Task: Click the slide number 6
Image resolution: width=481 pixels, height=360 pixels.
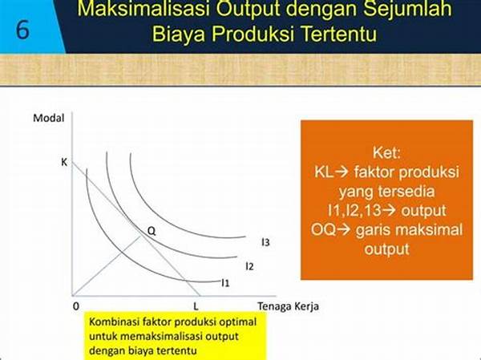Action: (x=22, y=30)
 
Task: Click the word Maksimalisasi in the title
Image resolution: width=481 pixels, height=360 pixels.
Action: (x=143, y=9)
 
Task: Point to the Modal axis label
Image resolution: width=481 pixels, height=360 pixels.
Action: (x=49, y=118)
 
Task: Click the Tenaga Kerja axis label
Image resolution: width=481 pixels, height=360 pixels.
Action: (x=288, y=306)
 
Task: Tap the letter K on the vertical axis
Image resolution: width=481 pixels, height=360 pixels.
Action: (x=64, y=162)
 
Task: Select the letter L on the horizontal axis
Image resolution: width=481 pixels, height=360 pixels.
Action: (x=196, y=306)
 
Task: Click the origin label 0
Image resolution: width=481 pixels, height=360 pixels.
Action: (x=76, y=306)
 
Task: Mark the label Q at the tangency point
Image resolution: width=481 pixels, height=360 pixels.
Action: (x=152, y=231)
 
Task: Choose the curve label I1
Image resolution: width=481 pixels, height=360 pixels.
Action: (x=225, y=283)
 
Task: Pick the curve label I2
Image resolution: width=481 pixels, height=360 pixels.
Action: (x=249, y=266)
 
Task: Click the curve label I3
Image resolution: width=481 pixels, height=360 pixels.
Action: (x=265, y=242)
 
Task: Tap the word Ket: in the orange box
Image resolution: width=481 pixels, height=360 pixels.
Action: (x=386, y=152)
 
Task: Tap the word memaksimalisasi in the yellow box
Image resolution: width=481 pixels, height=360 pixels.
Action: (x=161, y=336)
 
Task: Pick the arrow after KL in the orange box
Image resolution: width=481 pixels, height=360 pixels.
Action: (x=342, y=172)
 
